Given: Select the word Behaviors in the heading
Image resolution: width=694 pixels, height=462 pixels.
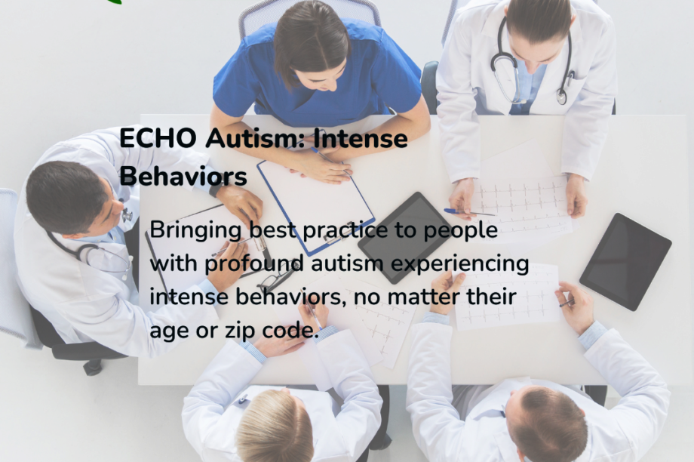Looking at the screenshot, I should (183, 177).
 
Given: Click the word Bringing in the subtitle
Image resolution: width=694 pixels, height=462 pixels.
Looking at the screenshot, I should (195, 230).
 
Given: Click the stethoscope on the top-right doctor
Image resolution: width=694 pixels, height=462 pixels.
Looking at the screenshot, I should (532, 60).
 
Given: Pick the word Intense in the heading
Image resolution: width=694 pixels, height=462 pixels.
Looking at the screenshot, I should (361, 140).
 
